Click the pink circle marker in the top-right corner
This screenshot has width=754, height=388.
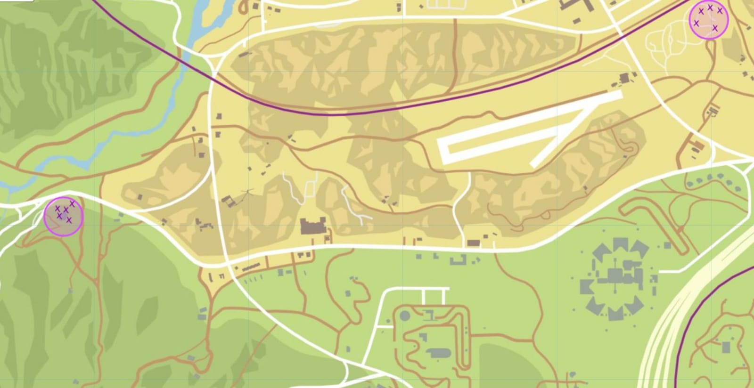pos(709,20)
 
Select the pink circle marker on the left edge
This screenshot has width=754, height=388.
pos(63,216)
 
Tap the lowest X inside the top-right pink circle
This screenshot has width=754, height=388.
pos(715,28)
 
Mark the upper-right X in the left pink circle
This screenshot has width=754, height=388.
pos(72,203)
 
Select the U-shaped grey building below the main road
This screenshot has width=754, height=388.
pos(459,260)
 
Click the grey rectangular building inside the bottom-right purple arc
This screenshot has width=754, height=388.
pos(726,348)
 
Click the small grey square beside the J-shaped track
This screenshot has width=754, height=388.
pos(667,245)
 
